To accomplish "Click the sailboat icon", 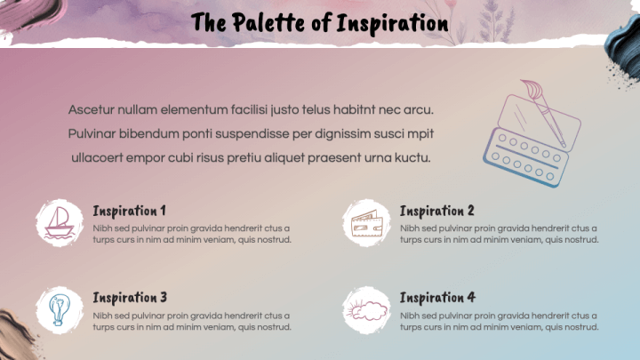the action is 60,222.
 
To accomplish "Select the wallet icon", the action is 366,223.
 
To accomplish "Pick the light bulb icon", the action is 60,310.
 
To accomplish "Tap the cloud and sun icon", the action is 366,310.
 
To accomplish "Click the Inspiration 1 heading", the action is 129,211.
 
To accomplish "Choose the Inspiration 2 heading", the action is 436,211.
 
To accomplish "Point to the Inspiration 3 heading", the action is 130,298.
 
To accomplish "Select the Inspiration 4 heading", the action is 437,298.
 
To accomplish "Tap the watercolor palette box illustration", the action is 532,139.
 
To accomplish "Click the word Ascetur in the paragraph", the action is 91,110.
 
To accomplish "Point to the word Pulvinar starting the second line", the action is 92,134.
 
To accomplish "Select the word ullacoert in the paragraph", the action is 97,158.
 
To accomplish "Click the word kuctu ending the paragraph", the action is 412,158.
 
